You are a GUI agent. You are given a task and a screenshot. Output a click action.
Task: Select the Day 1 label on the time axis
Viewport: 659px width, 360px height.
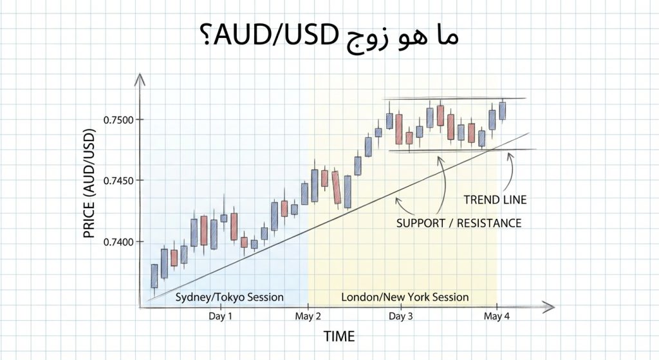coord(221,316)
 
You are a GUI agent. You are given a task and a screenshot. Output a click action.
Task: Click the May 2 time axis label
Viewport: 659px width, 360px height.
coord(308,316)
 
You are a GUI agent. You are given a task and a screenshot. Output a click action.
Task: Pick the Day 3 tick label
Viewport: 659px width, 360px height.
coord(401,316)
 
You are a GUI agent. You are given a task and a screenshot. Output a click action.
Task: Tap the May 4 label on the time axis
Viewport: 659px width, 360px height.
coord(497,316)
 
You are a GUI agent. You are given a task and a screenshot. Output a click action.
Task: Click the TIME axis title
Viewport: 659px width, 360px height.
coord(339,336)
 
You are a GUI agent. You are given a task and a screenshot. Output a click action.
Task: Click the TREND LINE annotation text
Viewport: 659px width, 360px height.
coord(496,200)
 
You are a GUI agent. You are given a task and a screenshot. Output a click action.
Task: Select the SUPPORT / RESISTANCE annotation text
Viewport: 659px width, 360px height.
coord(459,223)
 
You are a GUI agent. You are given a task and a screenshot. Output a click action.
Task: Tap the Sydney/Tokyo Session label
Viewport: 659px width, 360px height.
coord(229,297)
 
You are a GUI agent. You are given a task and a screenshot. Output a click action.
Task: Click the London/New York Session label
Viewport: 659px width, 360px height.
coord(405,297)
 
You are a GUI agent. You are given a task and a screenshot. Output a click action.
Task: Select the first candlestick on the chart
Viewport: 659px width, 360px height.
coord(154,276)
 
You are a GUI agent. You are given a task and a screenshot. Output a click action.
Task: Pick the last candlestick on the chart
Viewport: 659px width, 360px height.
coord(503,110)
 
